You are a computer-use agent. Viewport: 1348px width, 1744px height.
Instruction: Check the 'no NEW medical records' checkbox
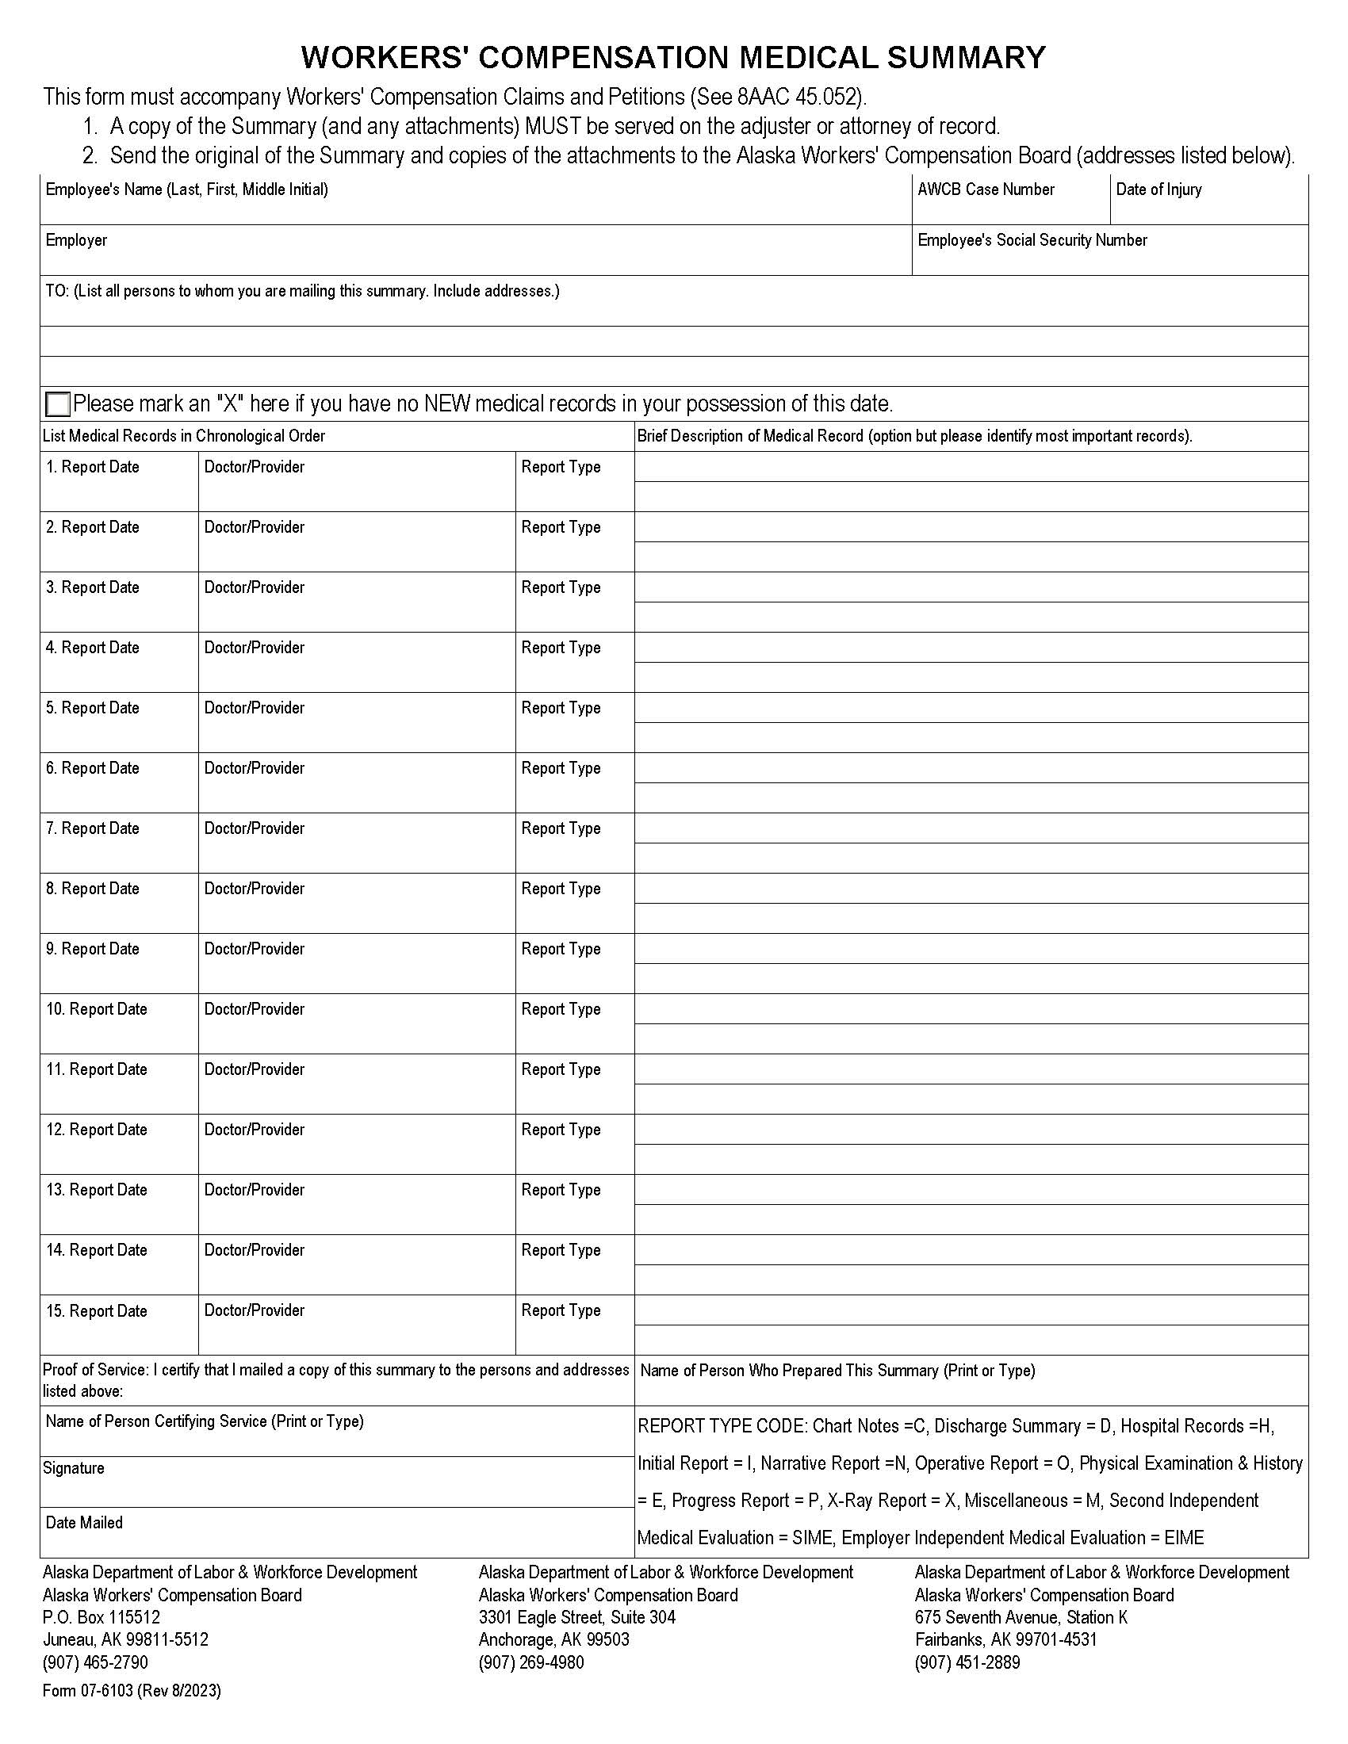point(58,404)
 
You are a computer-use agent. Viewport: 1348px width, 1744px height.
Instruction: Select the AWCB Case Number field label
point(986,189)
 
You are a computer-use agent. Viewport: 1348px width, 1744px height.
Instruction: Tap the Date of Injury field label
point(1158,189)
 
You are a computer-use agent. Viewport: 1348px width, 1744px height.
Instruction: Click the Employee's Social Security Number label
point(1032,240)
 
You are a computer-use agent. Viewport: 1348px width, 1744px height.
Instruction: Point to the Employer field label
point(76,240)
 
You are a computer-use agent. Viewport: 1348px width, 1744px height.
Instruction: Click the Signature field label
point(74,1468)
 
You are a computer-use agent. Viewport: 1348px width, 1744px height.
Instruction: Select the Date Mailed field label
point(84,1523)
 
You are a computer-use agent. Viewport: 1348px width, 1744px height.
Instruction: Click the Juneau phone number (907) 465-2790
point(95,1662)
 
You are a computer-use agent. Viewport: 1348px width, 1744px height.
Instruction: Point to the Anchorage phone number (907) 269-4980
point(531,1662)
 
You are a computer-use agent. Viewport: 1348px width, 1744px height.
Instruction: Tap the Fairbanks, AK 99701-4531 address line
point(1005,1639)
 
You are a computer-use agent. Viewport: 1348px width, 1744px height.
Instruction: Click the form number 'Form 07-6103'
point(88,1691)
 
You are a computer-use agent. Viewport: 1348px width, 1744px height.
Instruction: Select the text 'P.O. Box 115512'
point(101,1617)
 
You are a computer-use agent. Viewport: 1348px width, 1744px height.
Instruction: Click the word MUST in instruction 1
point(552,126)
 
